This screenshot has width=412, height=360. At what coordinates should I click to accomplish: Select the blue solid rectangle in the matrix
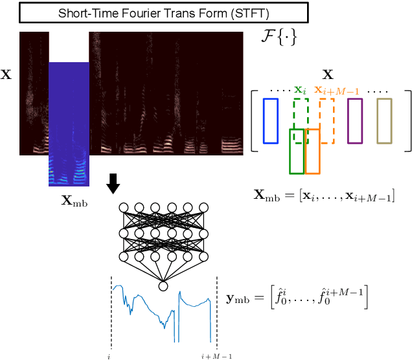tap(271, 120)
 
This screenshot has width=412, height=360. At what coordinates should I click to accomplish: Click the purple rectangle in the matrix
tap(354, 120)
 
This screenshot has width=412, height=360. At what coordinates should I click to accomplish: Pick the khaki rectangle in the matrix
tap(384, 120)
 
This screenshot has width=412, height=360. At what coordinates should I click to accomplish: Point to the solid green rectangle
tap(296, 151)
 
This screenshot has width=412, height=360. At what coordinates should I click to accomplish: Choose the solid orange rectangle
tap(312, 151)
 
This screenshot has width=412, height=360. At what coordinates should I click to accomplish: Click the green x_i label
tap(299, 90)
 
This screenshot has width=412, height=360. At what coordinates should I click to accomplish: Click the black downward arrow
tap(113, 183)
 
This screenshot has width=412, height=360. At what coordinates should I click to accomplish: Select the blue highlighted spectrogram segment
tap(69, 123)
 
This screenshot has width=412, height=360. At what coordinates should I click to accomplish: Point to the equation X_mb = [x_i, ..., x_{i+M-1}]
tap(325, 195)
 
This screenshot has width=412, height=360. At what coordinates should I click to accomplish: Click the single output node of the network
tap(163, 286)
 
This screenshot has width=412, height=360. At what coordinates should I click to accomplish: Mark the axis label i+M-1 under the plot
tap(216, 355)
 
